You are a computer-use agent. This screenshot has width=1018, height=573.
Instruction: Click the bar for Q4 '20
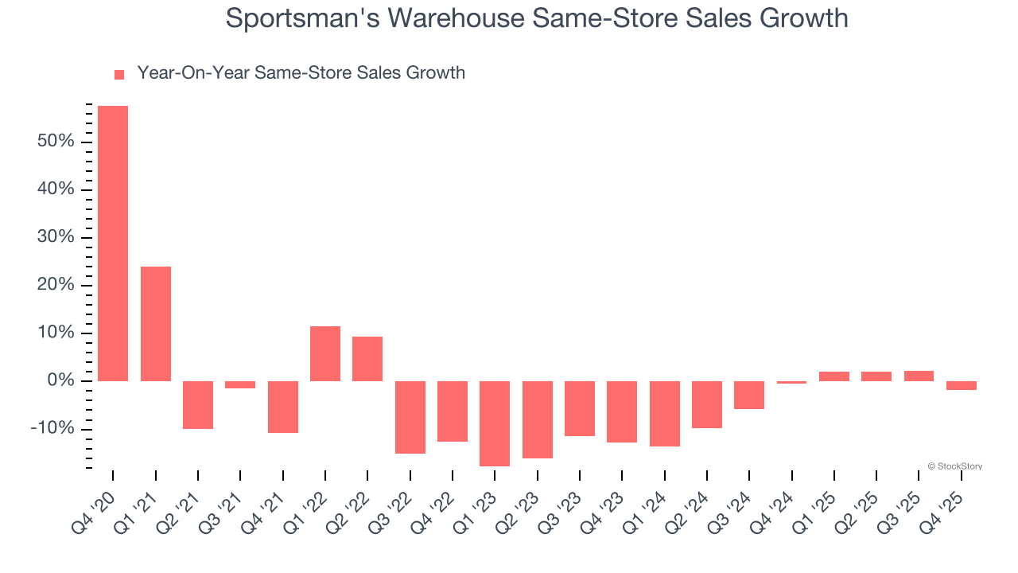pos(113,243)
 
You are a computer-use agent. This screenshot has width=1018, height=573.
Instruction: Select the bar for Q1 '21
pos(155,323)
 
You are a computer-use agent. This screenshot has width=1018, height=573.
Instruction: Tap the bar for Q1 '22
pos(325,353)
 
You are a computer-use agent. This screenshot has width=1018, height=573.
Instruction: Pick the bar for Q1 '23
pos(495,423)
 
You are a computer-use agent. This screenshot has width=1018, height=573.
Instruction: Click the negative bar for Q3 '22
pos(410,417)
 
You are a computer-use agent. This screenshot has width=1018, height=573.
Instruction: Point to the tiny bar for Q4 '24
pos(791,382)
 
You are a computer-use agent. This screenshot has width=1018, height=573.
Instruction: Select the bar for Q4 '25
pos(961,385)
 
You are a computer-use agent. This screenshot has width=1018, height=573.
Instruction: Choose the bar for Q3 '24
pos(749,395)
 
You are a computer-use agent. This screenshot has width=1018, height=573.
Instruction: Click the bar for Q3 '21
pos(240,384)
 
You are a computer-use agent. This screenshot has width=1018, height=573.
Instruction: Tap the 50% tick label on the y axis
pos(55,142)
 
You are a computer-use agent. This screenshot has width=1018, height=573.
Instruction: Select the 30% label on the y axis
pos(55,237)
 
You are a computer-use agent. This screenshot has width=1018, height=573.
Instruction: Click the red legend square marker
pos(119,75)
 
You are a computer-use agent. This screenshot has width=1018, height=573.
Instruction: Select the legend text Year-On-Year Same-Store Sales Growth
pos(301,73)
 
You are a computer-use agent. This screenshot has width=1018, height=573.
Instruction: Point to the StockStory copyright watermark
pos(954,466)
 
